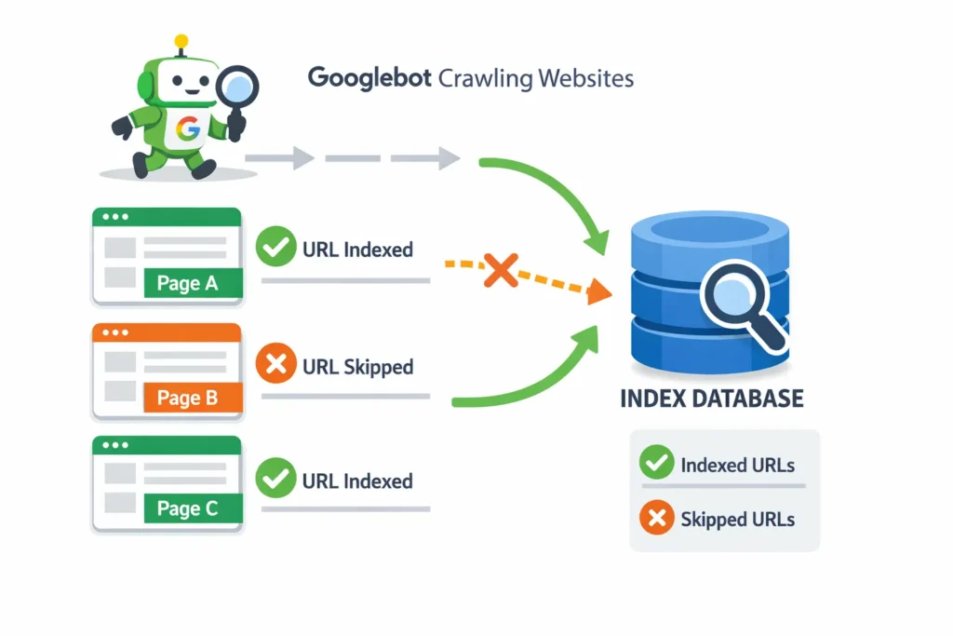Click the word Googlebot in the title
tap(369, 77)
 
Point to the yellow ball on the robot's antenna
tap(181, 41)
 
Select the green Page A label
tap(193, 283)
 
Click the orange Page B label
tap(193, 398)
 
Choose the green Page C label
tap(193, 508)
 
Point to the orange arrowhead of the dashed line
tap(597, 292)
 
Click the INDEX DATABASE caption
tap(711, 399)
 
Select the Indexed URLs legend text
tap(738, 465)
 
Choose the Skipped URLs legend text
tap(738, 519)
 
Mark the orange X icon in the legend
tap(656, 519)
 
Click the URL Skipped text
tap(357, 367)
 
